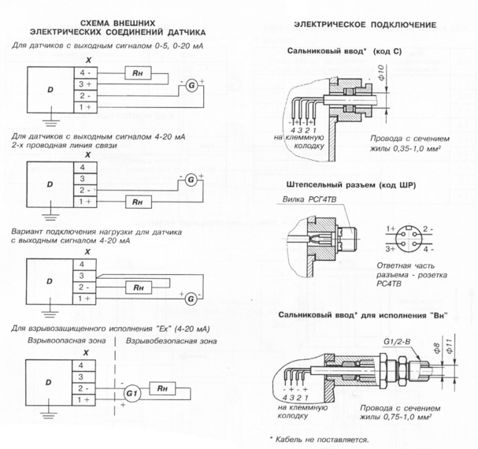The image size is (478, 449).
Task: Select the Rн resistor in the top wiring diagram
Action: pyautogui.click(x=138, y=72)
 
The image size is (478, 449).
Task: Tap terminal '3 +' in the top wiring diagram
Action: pyautogui.click(x=84, y=83)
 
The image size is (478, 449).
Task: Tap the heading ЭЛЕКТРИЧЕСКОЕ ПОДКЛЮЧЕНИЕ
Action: pyautogui.click(x=365, y=26)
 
